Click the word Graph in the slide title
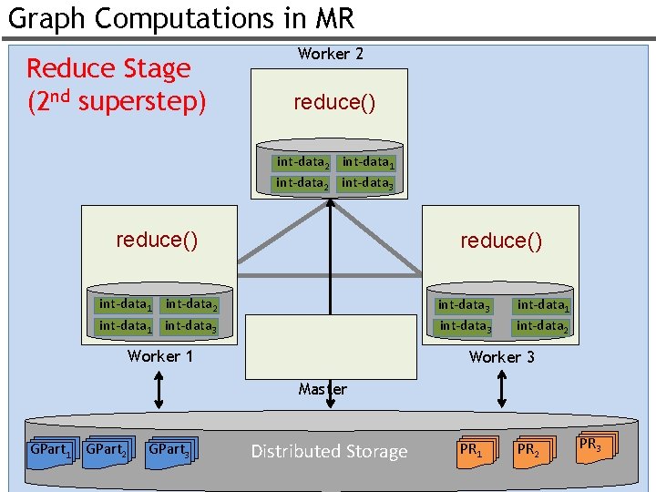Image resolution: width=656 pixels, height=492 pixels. pyautogui.click(x=46, y=17)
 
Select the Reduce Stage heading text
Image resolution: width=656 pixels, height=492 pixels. pyautogui.click(x=108, y=68)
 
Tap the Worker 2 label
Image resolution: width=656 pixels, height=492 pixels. pyautogui.click(x=330, y=54)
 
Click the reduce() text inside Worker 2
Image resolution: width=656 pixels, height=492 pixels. pyautogui.click(x=333, y=103)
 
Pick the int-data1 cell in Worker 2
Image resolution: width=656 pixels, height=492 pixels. pyautogui.click(x=368, y=162)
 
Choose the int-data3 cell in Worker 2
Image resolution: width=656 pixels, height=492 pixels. pyautogui.click(x=368, y=183)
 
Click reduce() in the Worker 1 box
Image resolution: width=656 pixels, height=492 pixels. pyautogui.click(x=157, y=240)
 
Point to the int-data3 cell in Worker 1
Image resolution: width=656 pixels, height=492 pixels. pyautogui.click(x=190, y=325)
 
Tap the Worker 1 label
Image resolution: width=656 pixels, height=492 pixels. pyautogui.click(x=160, y=356)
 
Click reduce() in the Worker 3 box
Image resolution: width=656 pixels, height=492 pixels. pyautogui.click(x=501, y=241)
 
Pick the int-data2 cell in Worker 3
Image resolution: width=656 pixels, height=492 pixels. pyautogui.click(x=542, y=325)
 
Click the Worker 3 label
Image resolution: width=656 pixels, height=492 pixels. pyautogui.click(x=501, y=357)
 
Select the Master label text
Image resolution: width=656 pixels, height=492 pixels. pyautogui.click(x=323, y=389)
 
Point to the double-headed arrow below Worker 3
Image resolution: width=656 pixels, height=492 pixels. pyautogui.click(x=501, y=389)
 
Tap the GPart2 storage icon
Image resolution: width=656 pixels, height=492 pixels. pyautogui.click(x=107, y=449)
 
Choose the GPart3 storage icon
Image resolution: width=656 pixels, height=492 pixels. pyautogui.click(x=171, y=449)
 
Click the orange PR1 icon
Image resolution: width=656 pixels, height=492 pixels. pyautogui.click(x=476, y=450)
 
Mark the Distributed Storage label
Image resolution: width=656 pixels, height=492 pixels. pyautogui.click(x=329, y=451)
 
